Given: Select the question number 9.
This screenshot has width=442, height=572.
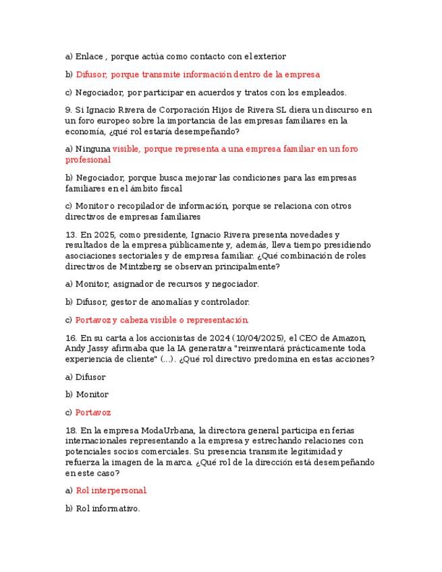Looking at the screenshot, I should pos(68,110).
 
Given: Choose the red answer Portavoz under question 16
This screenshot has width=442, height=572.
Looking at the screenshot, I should pos(93,412).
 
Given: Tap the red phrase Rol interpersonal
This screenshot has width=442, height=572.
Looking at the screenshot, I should pos(111,491).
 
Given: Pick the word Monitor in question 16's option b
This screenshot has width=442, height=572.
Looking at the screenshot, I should pos(92,395).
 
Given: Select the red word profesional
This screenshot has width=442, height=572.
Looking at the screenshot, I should pos(88,160).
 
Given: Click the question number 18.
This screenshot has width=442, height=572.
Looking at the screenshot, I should pos(70,430).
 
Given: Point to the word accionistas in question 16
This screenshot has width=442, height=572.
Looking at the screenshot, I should pos(157,337).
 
